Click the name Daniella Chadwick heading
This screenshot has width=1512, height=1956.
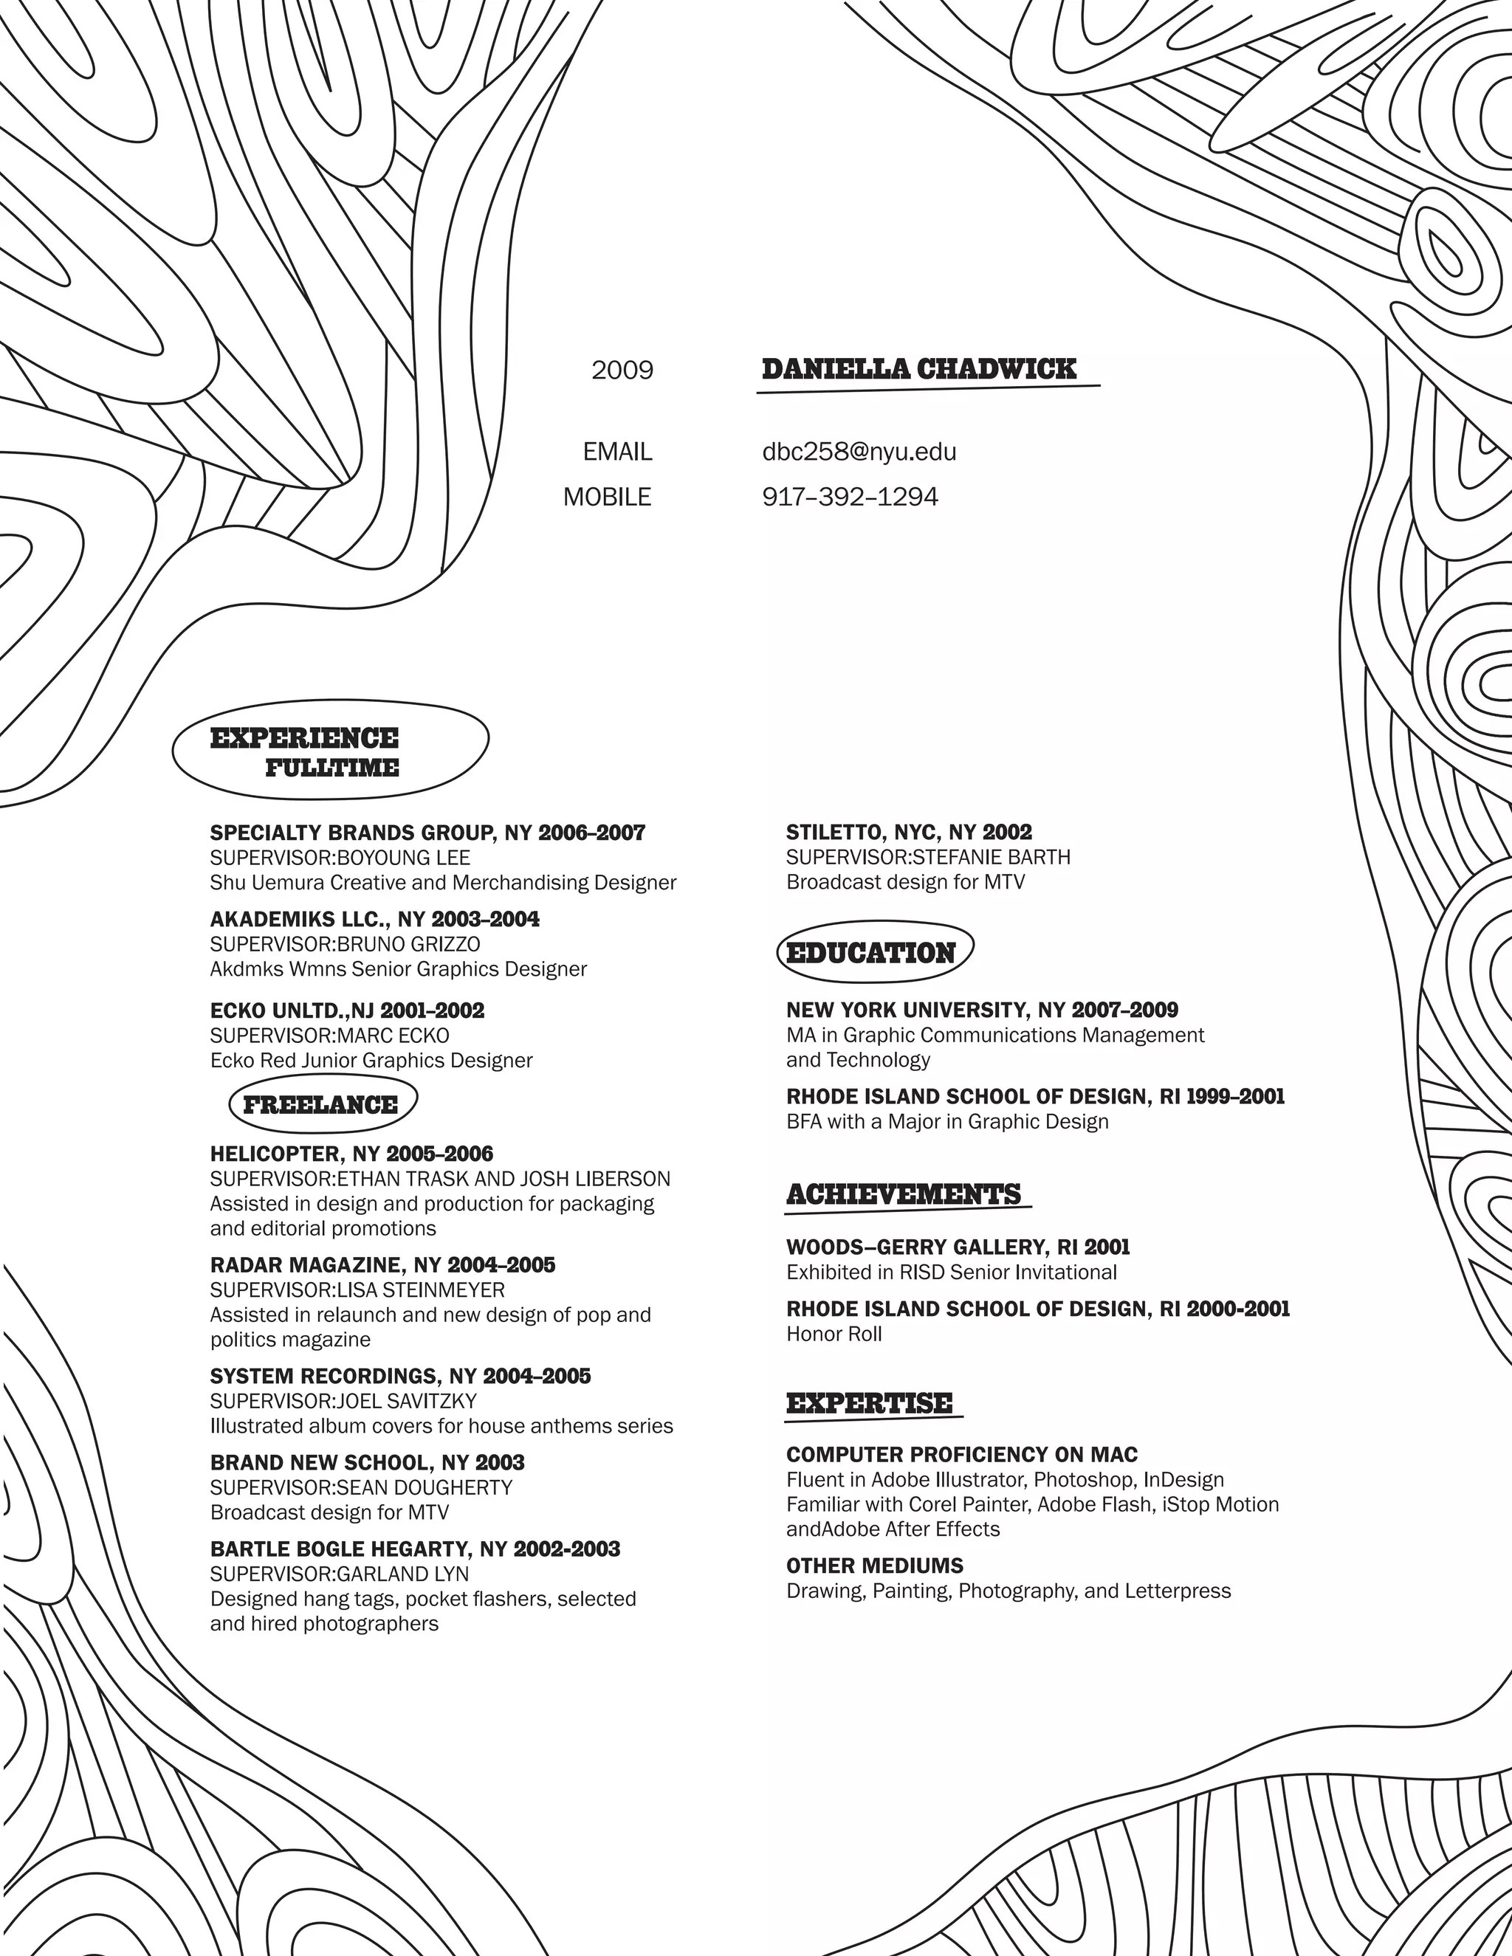click(918, 369)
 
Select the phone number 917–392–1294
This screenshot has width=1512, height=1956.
click(850, 497)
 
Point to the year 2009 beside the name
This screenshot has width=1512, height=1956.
click(622, 370)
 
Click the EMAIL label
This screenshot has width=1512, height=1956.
click(617, 452)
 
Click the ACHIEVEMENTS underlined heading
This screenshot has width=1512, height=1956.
click(904, 1195)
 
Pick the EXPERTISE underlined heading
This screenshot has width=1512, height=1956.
click(870, 1403)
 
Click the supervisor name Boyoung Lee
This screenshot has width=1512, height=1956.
click(403, 857)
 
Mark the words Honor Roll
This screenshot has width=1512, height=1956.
click(834, 1334)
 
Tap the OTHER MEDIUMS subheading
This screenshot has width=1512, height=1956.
click(874, 1566)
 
